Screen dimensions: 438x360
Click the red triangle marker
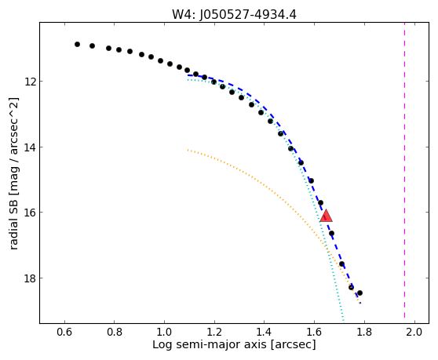pyautogui.click(x=326, y=216)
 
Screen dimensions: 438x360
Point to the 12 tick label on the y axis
pyautogui.click(x=29, y=82)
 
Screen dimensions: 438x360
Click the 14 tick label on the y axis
pyautogui.click(x=29, y=147)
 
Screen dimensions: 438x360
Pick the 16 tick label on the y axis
pyautogui.click(x=29, y=213)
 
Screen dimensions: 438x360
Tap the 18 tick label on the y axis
pyautogui.click(x=29, y=278)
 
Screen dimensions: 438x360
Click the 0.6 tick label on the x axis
pyautogui.click(x=64, y=332)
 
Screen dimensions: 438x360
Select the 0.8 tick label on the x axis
pyautogui.click(x=115, y=332)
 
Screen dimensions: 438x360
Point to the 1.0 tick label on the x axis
pyautogui.click(x=165, y=332)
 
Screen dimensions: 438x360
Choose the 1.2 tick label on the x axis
pyautogui.click(x=214, y=332)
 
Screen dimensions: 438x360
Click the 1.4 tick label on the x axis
pyautogui.click(x=265, y=332)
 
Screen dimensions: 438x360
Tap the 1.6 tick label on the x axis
pyautogui.click(x=315, y=332)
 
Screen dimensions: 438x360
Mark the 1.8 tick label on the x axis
pyautogui.click(x=364, y=332)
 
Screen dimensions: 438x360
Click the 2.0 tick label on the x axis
pyautogui.click(x=414, y=332)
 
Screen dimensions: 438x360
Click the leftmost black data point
pyautogui.click(x=77, y=44)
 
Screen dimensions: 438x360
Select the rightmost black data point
pyautogui.click(x=360, y=293)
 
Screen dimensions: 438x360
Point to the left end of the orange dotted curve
pyautogui.click(x=188, y=150)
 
